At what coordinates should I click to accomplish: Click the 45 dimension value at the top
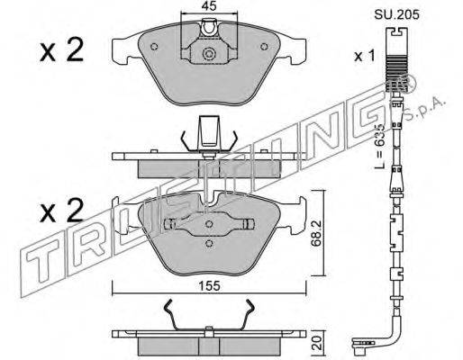209,6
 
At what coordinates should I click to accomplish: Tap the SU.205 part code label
396,14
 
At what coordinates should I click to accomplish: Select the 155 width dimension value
209,286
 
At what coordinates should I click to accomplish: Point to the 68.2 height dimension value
316,233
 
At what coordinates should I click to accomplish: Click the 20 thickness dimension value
317,342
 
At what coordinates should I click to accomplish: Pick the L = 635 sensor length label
380,146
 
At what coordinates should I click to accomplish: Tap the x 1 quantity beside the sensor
365,56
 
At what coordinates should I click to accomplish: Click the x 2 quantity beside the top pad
61,50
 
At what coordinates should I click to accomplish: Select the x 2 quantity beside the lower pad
61,211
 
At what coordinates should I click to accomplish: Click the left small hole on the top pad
154,47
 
